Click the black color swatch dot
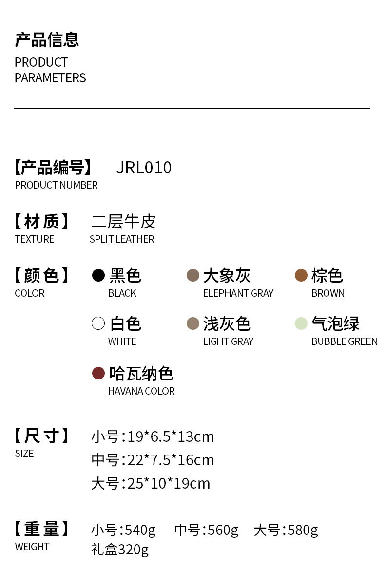click(x=98, y=275)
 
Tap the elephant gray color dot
click(x=193, y=275)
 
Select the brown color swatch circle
click(x=301, y=275)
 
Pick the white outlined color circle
click(x=98, y=323)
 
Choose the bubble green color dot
click(x=301, y=323)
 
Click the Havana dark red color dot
click(x=98, y=373)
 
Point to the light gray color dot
click(x=193, y=323)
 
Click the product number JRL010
click(x=144, y=168)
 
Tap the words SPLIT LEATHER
click(x=122, y=239)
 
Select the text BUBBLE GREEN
click(x=345, y=341)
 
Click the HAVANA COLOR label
click(x=141, y=391)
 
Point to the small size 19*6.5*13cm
click(x=171, y=436)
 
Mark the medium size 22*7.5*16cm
click(x=171, y=460)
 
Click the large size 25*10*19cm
click(x=169, y=484)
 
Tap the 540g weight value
click(x=140, y=531)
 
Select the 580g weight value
click(x=303, y=531)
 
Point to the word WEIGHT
click(x=32, y=547)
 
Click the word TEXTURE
click(x=35, y=239)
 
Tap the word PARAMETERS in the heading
click(x=50, y=78)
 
